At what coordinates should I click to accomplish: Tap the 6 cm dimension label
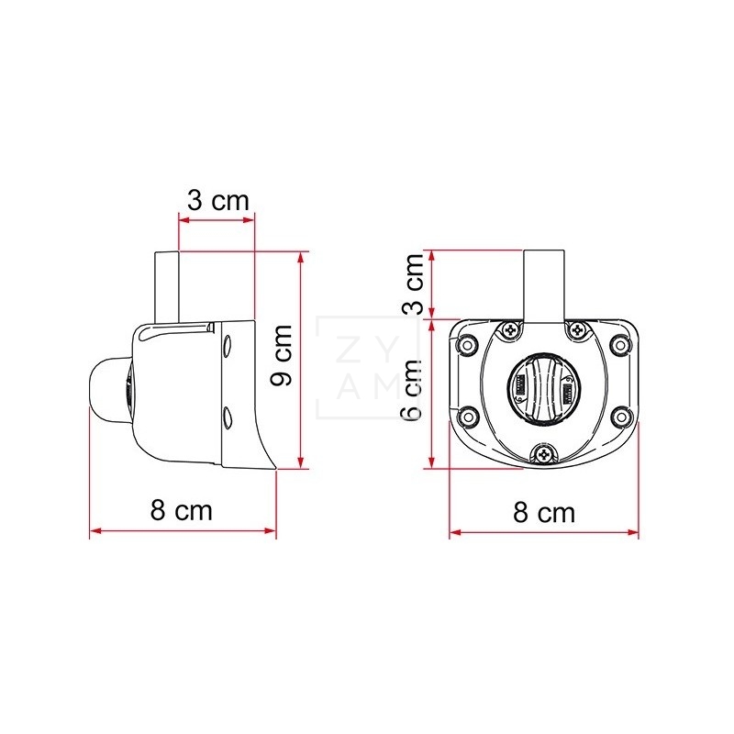413,389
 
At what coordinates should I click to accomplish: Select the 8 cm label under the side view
181,510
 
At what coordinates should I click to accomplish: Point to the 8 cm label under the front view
544,512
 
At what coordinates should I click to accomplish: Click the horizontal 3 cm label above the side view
217,201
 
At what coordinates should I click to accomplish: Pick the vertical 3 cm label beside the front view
414,284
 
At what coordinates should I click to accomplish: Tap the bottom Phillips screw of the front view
544,452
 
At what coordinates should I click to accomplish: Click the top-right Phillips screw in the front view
577,329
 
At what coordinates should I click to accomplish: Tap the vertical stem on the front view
543,284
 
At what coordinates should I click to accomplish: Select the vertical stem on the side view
168,286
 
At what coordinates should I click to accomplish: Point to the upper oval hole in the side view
227,345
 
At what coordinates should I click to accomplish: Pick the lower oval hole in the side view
227,419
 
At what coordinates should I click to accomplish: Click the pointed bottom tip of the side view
274,469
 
